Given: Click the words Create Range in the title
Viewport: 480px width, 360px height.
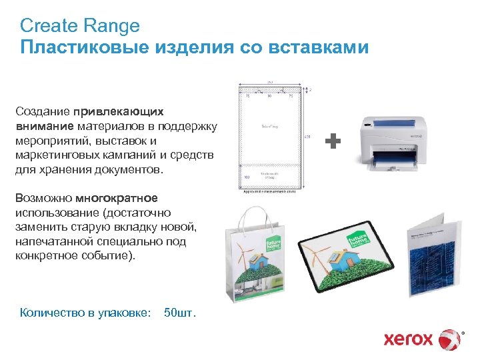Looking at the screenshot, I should (x=80, y=26).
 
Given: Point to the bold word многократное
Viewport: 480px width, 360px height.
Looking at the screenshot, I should (x=117, y=198).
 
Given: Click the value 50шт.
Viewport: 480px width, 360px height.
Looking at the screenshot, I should (x=180, y=312).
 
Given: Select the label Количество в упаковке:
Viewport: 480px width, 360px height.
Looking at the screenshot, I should (x=85, y=312).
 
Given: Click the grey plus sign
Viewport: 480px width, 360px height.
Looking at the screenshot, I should (x=333, y=141).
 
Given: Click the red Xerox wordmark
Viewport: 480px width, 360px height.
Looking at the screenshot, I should (x=409, y=339).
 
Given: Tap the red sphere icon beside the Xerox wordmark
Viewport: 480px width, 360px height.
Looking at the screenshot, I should (x=451, y=339).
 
